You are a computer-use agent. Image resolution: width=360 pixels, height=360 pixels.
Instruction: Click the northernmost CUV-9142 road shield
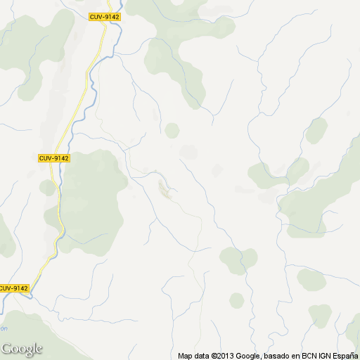tap(105, 16)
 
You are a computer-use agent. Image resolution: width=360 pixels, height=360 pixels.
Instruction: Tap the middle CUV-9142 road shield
tap(53, 158)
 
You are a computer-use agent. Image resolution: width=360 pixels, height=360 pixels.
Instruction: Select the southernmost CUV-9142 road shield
tap(13, 288)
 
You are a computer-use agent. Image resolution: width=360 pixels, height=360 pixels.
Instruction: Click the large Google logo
tap(22, 349)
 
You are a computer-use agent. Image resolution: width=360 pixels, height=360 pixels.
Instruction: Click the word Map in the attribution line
tap(185, 356)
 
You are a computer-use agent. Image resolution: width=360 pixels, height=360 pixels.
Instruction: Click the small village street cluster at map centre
tap(166, 188)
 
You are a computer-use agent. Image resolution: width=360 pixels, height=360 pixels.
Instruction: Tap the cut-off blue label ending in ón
tap(4, 328)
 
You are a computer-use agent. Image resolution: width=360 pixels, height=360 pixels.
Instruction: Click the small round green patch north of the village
tap(172, 130)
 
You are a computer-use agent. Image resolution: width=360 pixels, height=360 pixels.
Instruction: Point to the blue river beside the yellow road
tap(59, 176)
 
